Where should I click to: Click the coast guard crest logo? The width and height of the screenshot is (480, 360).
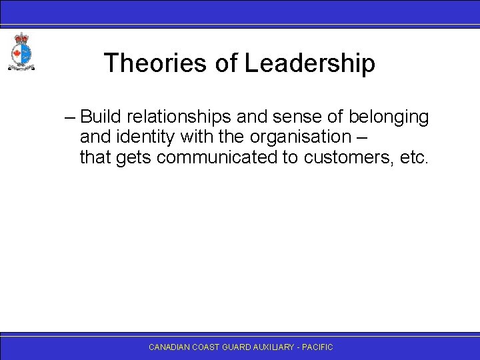coord(21,51)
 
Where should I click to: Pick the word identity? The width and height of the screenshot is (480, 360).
coord(136,138)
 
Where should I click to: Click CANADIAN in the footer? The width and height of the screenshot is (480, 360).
coord(169,347)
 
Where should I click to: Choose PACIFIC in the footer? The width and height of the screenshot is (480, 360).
coord(318,347)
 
